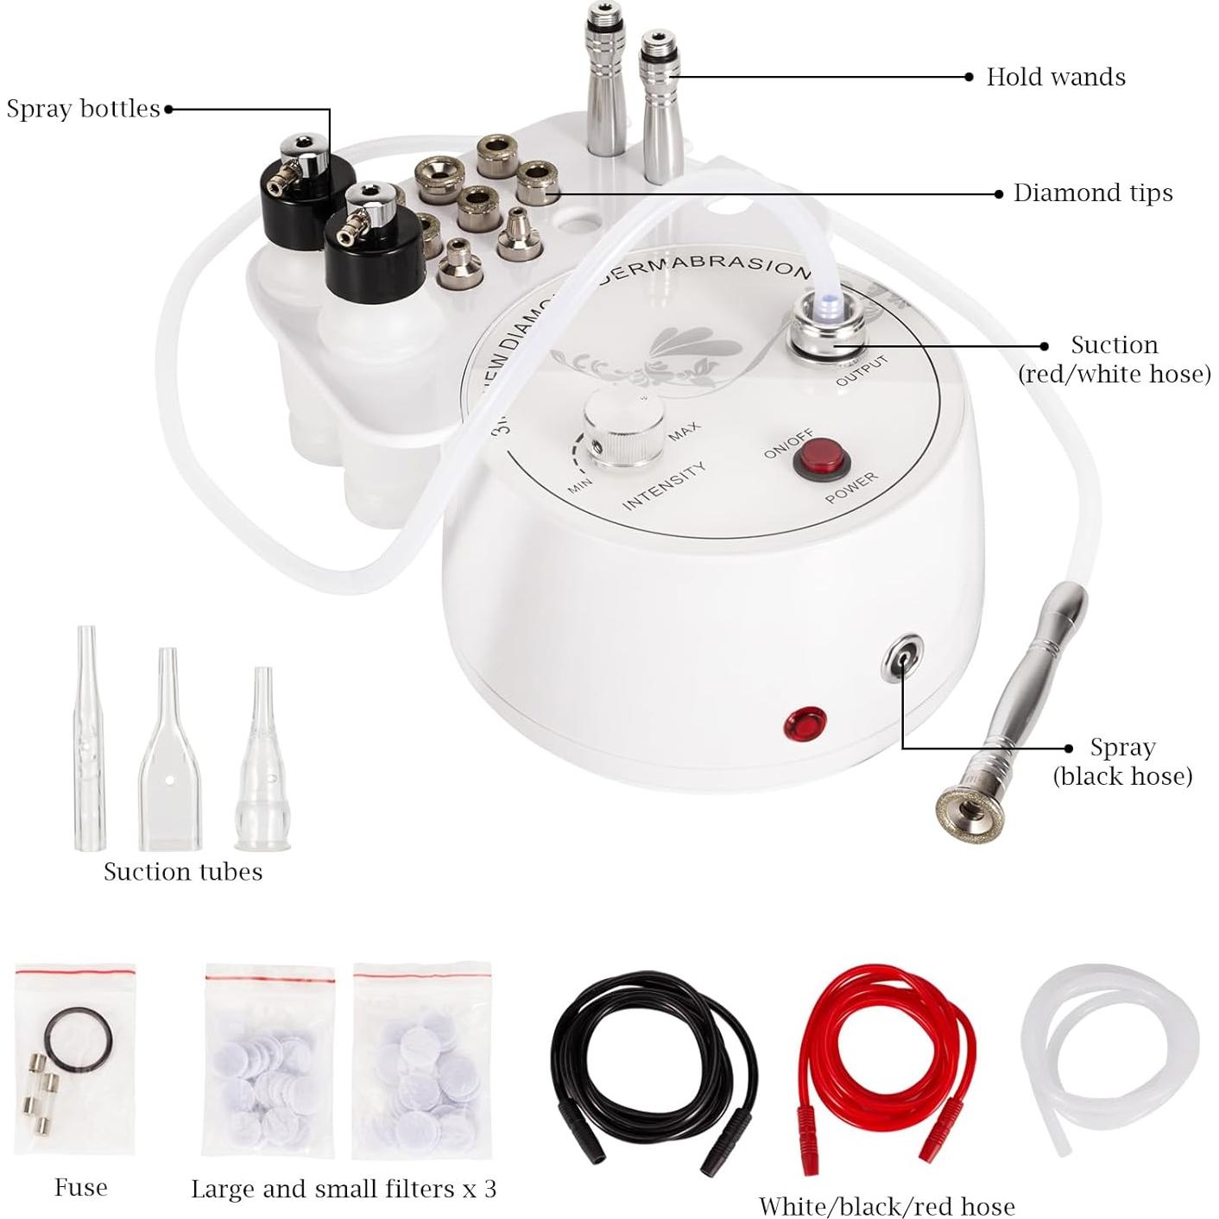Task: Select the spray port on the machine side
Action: [x=901, y=657]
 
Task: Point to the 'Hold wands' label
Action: [x=1055, y=77]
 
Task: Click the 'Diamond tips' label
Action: [x=1092, y=193]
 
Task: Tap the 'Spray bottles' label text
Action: [x=83, y=109]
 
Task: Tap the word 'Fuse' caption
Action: [x=80, y=1187]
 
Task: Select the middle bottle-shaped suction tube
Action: [x=169, y=751]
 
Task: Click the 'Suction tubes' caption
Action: [x=183, y=871]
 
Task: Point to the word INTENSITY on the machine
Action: [x=663, y=485]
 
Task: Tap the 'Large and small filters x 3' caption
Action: [x=343, y=1189]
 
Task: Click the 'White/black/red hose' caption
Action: [x=886, y=1206]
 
